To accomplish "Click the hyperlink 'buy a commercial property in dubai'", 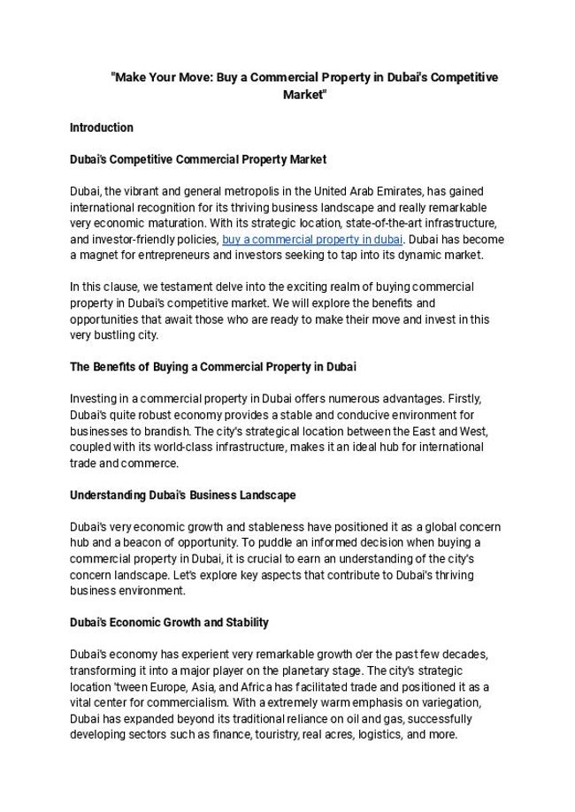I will tap(312, 240).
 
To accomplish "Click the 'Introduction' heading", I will tap(102, 127).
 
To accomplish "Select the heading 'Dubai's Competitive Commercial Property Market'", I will tap(198, 159).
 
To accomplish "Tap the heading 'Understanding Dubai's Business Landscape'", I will tap(183, 494).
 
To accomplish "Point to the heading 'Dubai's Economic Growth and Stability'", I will tap(169, 622).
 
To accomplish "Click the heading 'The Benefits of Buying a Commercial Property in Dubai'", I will tap(212, 366).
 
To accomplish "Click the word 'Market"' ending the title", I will tap(304, 95).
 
